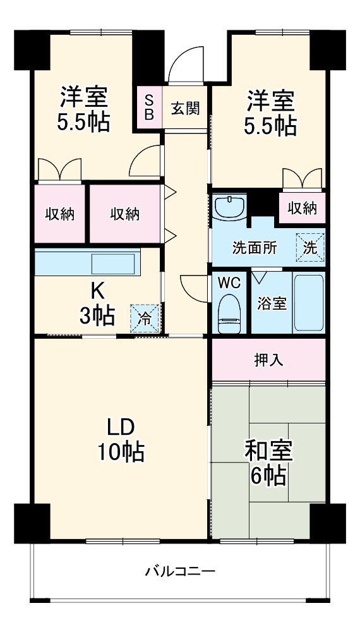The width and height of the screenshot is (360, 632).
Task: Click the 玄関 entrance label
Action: (x=186, y=107)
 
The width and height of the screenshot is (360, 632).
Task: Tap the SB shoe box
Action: (x=149, y=107)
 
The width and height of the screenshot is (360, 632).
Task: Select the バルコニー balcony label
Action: (x=180, y=572)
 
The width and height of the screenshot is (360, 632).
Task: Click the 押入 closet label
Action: (x=268, y=360)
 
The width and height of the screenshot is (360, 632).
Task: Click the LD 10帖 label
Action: (x=120, y=439)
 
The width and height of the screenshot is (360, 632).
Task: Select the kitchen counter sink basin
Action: (x=114, y=262)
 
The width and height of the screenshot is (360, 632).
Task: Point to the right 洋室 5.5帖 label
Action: (x=270, y=114)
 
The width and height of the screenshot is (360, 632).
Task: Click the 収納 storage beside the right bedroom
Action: (x=302, y=208)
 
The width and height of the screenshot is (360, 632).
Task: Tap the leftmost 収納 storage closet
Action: (x=59, y=214)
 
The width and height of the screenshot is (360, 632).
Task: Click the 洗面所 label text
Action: (x=255, y=248)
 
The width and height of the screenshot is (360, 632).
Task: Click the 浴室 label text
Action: (x=272, y=303)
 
